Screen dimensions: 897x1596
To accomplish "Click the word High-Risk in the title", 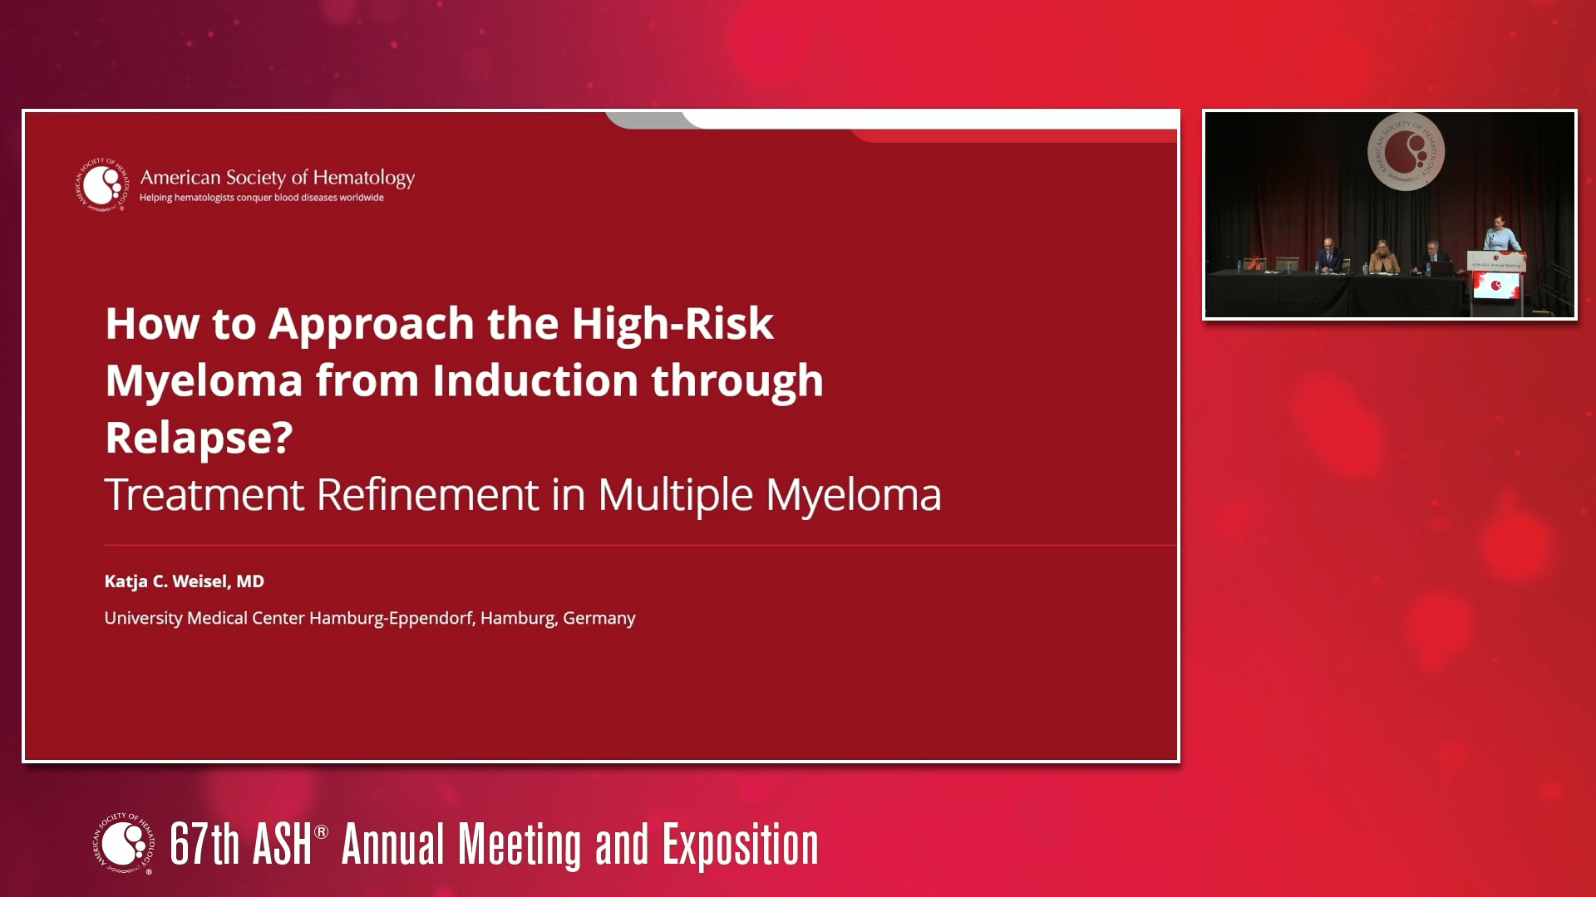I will [672, 324].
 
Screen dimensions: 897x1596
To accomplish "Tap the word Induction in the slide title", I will [534, 380].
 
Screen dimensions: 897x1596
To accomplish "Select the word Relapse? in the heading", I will [199, 437].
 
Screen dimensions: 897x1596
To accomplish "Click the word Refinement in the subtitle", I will [427, 495].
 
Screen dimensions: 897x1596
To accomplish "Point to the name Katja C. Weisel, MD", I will [184, 581].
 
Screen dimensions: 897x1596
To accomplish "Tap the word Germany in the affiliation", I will [598, 619].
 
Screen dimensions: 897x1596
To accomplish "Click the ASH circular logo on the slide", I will [103, 184].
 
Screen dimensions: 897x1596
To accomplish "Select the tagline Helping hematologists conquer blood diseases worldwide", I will [261, 198].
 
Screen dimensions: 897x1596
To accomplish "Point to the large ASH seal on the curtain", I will [1406, 152].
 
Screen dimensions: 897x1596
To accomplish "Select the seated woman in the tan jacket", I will [1383, 258].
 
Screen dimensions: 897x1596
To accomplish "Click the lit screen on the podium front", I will [1496, 286].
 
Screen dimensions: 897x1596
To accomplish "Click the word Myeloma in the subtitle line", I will [853, 495].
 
